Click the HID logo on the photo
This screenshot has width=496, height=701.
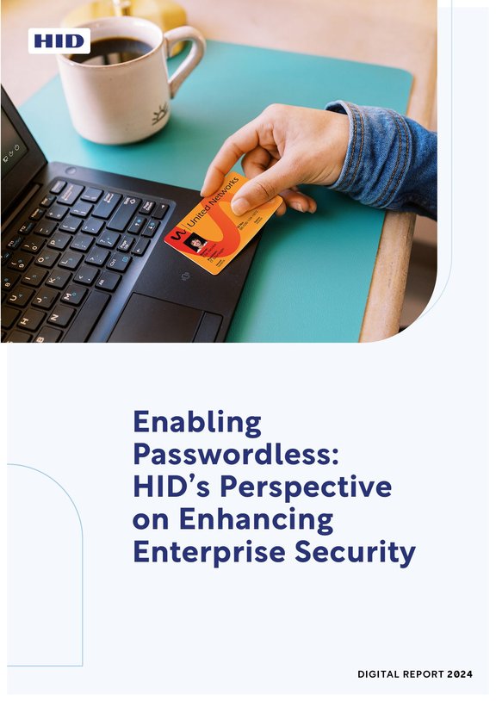(x=59, y=40)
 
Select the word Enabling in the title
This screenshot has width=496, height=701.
(x=196, y=423)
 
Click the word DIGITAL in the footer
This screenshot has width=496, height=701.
(x=380, y=674)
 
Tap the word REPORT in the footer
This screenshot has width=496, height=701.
(x=422, y=674)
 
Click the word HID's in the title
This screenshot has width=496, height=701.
(x=171, y=487)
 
